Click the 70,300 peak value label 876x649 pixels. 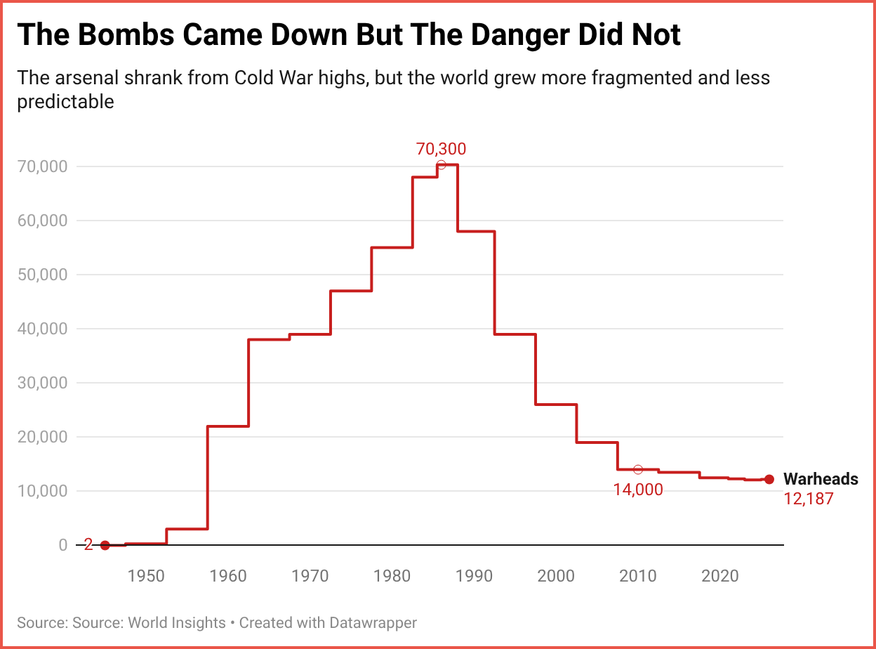(441, 149)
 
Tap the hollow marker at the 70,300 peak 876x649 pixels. (441, 165)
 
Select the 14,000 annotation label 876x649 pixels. (637, 490)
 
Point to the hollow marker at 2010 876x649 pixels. (638, 469)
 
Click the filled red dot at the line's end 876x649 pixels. (769, 479)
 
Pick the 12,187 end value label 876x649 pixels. (809, 499)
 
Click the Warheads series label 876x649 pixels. (821, 479)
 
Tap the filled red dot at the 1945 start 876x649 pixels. (105, 545)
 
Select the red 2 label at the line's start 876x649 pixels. (88, 545)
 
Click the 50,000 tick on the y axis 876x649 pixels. (44, 275)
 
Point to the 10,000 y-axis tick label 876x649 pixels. (44, 491)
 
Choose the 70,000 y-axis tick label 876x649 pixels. (44, 166)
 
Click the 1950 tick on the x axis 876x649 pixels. (146, 576)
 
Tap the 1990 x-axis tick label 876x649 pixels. (474, 576)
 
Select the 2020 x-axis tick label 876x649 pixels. (720, 576)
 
